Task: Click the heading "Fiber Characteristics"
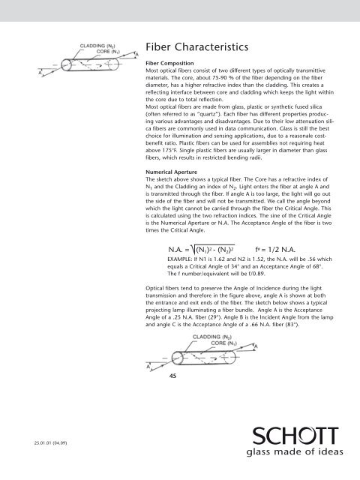tap(197, 47)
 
